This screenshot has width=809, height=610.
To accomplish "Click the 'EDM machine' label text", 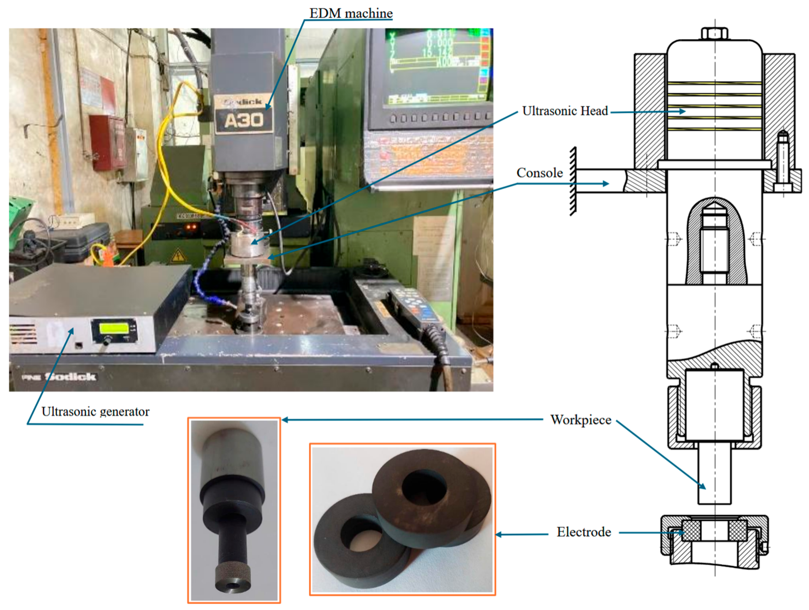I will coord(351,13).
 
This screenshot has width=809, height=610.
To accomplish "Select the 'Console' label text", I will coord(539,173).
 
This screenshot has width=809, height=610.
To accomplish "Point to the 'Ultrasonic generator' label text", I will coord(95,412).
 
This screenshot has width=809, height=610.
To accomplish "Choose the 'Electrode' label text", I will coord(583,532).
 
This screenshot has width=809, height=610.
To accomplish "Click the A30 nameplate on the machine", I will coord(244,120).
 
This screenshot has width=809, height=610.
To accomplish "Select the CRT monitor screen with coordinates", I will coord(435,66).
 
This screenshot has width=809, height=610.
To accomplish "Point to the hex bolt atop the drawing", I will coord(714,34).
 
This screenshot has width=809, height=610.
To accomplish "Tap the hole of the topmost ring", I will coord(424,488).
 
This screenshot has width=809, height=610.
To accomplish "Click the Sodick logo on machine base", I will coord(70,376).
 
